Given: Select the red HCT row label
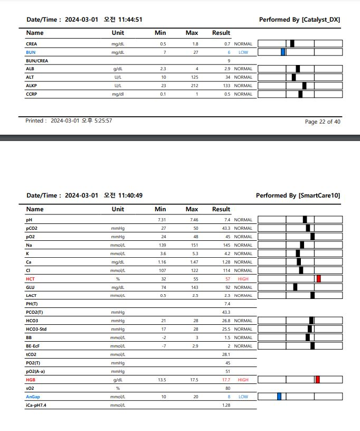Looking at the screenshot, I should point(31,278).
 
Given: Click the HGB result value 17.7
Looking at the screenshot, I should point(226,380).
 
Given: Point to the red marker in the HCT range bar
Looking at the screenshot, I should point(319,278).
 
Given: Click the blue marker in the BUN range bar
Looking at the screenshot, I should point(283,52).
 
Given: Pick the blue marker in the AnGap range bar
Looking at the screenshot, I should point(279,397).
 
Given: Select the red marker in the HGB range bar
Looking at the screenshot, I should point(318,380).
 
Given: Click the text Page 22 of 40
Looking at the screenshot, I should point(323,122).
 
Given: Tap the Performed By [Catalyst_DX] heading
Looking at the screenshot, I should point(299,20).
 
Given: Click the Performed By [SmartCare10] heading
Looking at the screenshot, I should point(298,195).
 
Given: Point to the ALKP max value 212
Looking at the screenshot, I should point(194,86).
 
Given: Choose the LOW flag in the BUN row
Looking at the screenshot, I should point(243,52).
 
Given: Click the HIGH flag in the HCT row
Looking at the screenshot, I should point(243,278).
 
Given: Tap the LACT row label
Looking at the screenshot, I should point(31,295).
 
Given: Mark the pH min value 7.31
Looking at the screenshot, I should point(162,220).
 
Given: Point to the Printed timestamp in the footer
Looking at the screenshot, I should point(69,121).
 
